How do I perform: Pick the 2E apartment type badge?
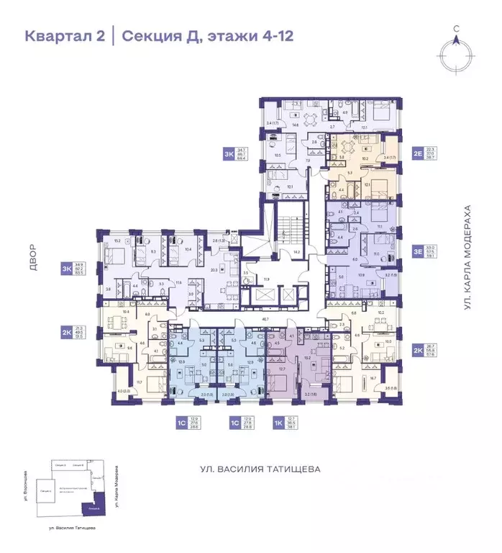pyautogui.click(x=418, y=153)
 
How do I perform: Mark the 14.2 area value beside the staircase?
pyautogui.click(x=296, y=253)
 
